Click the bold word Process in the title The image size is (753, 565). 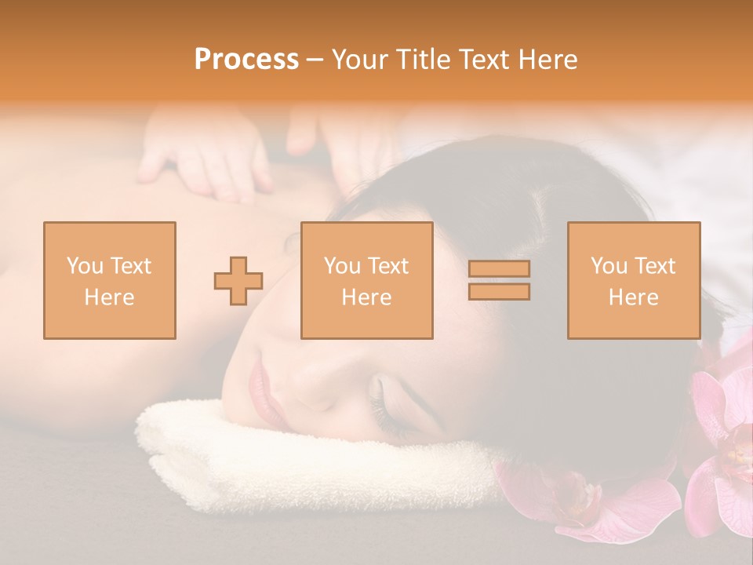tap(246, 60)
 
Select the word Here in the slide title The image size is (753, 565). tap(549, 60)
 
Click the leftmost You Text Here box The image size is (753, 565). tap(110, 280)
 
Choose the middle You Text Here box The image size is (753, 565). tap(366, 280)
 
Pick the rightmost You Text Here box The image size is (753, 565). tap(633, 280)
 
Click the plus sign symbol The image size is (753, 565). tap(238, 281)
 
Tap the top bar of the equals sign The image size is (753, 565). tap(499, 268)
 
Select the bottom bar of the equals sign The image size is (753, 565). tap(499, 291)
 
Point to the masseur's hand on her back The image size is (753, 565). tap(204, 157)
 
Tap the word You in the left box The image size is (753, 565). tap(82, 265)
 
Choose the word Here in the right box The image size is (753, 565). tap(633, 297)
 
